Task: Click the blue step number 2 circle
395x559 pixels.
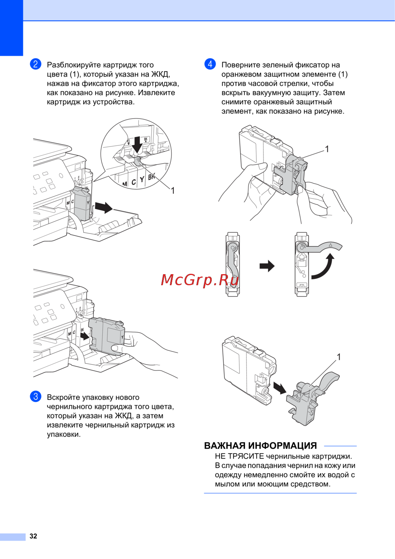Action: click(x=36, y=64)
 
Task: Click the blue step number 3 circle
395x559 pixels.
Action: click(x=36, y=396)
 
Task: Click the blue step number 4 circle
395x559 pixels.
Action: click(x=210, y=64)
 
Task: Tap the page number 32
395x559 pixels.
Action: click(x=33, y=536)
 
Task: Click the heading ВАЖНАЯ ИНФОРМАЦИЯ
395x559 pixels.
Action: click(x=260, y=446)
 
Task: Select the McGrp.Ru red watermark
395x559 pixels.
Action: click(x=200, y=280)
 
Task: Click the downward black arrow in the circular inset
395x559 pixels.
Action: click(x=137, y=144)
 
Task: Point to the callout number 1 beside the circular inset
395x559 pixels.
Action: click(x=173, y=190)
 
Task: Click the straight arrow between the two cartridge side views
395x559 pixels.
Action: click(x=267, y=266)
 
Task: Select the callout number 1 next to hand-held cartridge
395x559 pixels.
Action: click(x=327, y=149)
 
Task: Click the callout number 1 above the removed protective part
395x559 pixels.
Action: click(x=339, y=357)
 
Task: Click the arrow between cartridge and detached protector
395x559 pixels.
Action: click(x=280, y=388)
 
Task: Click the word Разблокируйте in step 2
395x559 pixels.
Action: click(x=72, y=65)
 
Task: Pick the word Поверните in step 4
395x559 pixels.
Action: click(x=241, y=65)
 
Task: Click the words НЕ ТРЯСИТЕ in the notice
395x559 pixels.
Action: click(x=239, y=456)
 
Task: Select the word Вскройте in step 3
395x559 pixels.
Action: click(x=63, y=397)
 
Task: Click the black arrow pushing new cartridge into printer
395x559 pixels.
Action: click(x=85, y=336)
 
